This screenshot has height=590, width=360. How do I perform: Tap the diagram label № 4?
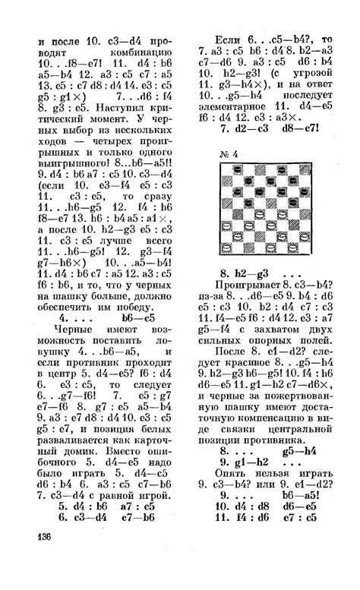pyautogui.click(x=229, y=154)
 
